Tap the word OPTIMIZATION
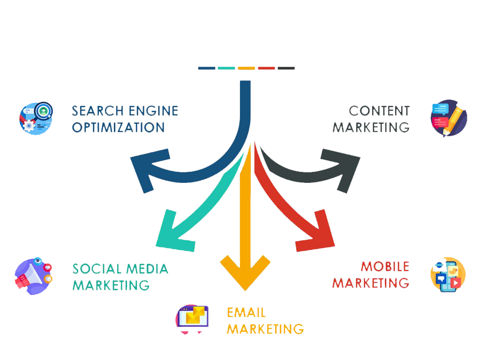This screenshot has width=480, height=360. pyautogui.click(x=118, y=127)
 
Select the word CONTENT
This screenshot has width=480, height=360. pyautogui.click(x=379, y=111)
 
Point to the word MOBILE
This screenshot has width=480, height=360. pyautogui.click(x=385, y=267)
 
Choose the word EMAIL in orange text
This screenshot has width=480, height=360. pyautogui.click(x=246, y=313)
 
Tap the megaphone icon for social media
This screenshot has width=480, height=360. pyautogui.click(x=33, y=275)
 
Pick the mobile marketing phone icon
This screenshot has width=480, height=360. pyautogui.click(x=448, y=275)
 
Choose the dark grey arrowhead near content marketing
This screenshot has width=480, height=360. pyautogui.click(x=343, y=169)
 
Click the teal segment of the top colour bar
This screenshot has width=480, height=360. pyautogui.click(x=226, y=68)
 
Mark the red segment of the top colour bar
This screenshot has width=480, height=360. pyautogui.click(x=266, y=68)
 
